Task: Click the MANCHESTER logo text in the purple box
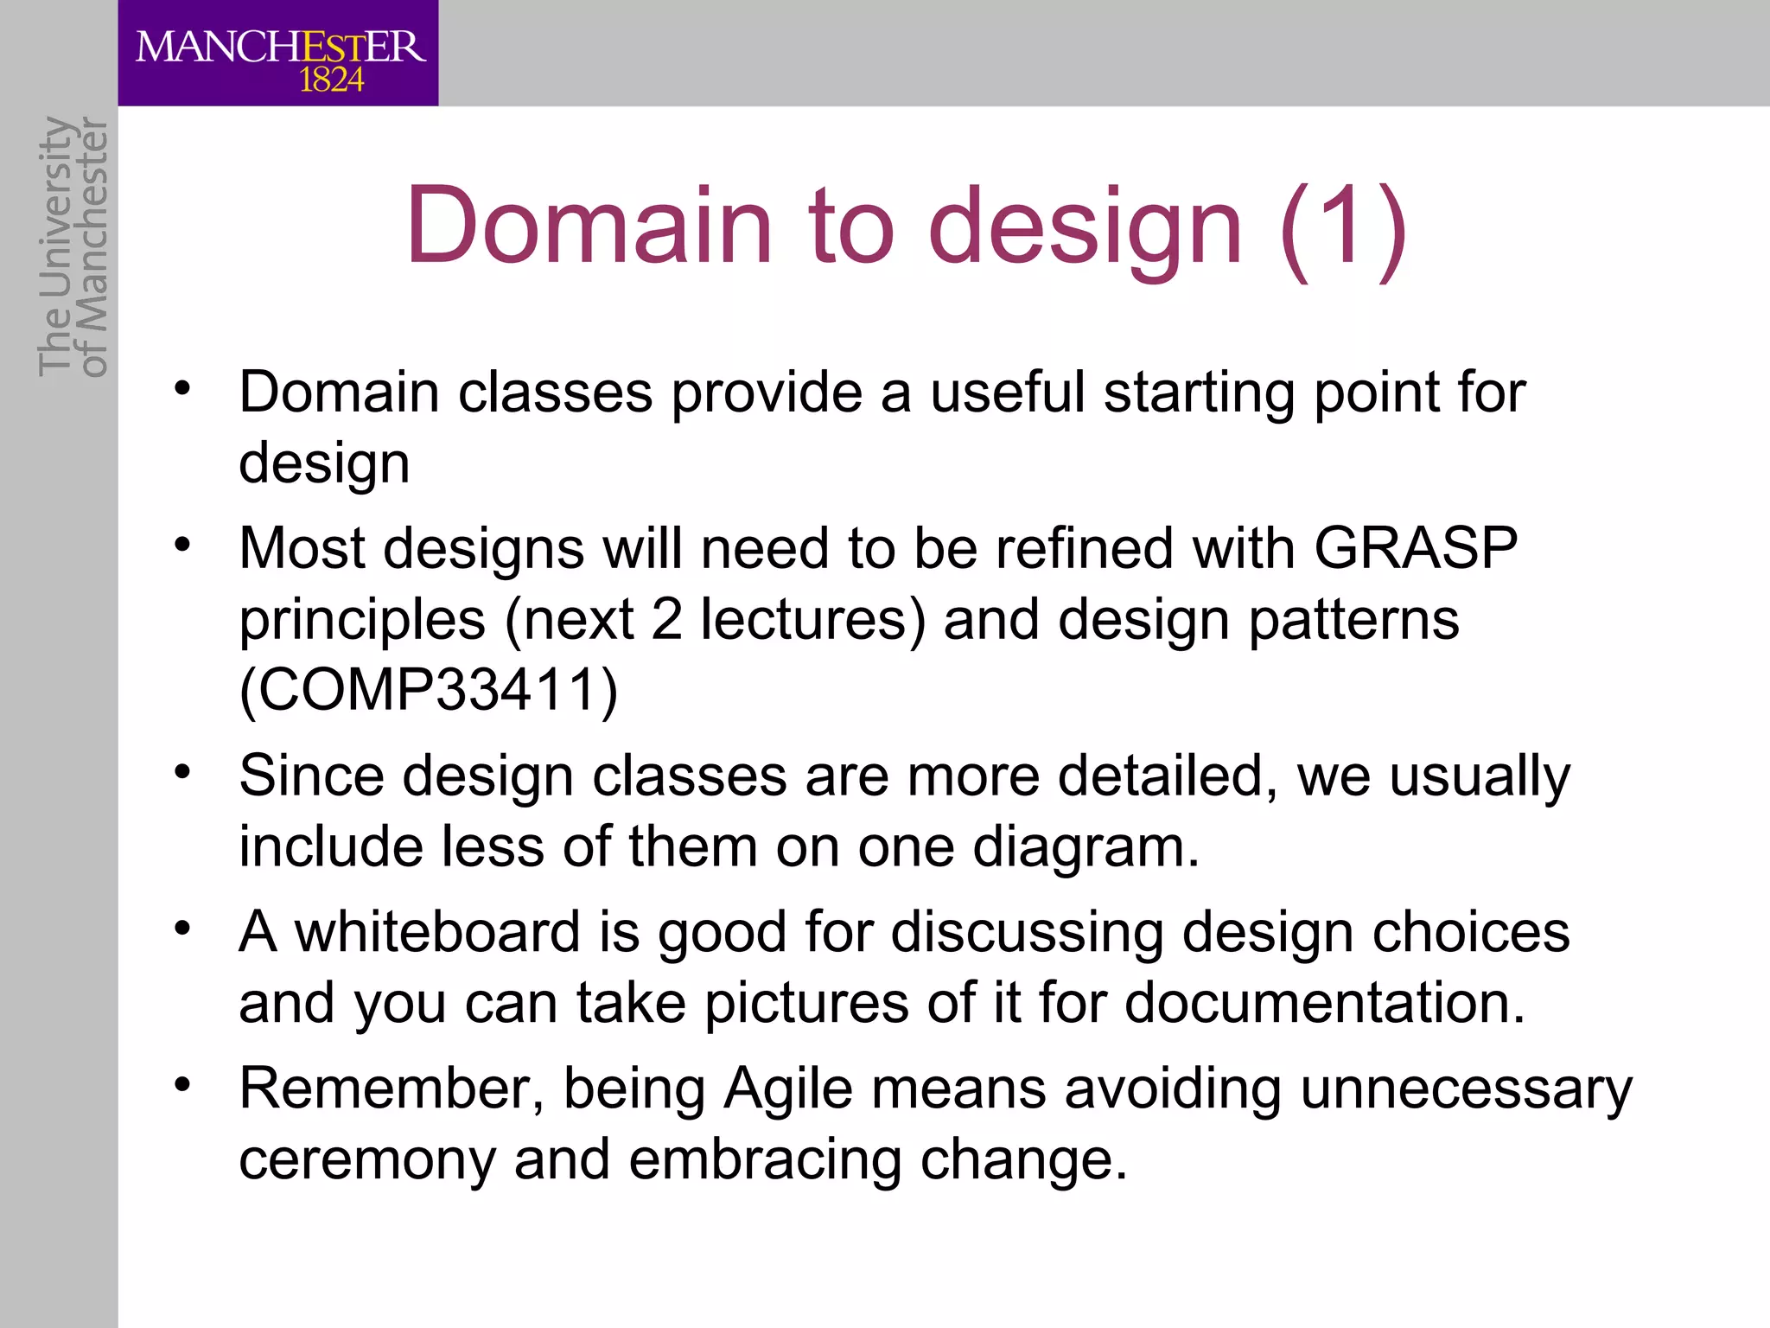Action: coord(280,46)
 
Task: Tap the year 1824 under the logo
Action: coord(331,81)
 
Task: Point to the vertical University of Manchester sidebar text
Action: coord(73,246)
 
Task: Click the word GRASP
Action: coord(1416,548)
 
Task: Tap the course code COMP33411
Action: coord(429,690)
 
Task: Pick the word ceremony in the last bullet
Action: coord(367,1159)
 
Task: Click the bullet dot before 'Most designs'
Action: coord(181,546)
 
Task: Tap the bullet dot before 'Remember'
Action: coord(181,1085)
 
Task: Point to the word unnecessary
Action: coord(1467,1089)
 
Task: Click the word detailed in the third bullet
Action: coord(1168,776)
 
